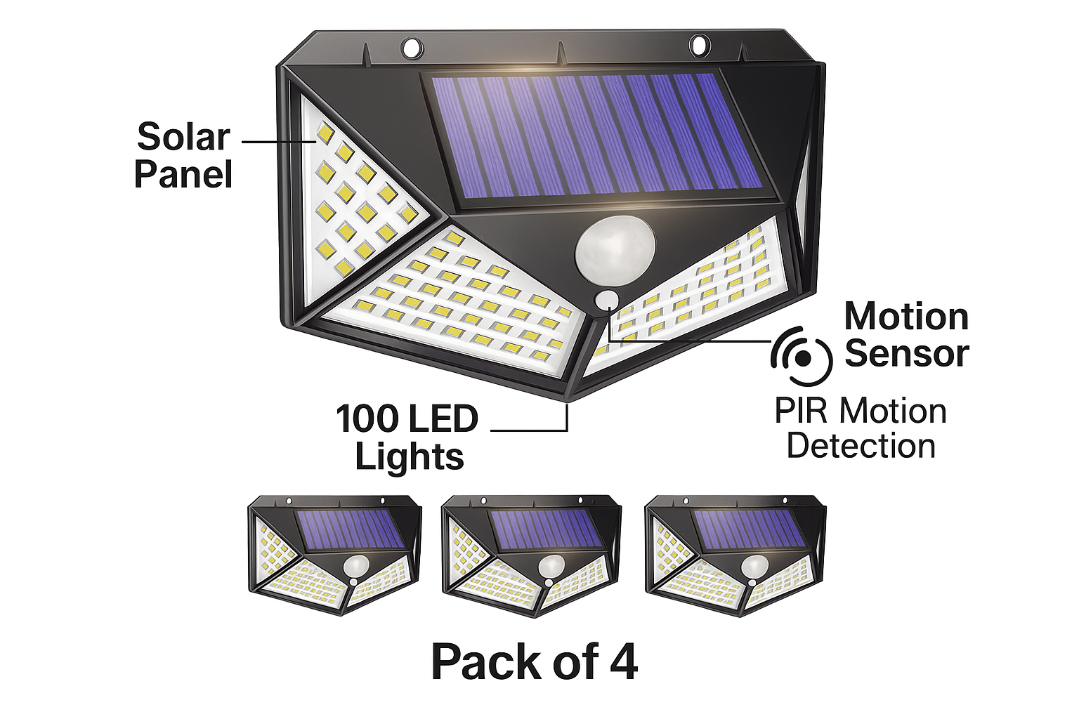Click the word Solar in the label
pos(183,137)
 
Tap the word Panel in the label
pos(183,174)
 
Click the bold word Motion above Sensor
pos(906,317)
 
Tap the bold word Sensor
pos(907,353)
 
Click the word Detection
pos(861,446)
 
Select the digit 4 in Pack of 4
pos(624,663)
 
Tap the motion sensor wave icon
pos(801,357)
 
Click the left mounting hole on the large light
pos(412,48)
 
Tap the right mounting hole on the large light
pos(699,45)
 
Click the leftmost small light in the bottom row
pos(335,555)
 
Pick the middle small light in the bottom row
pos(531,556)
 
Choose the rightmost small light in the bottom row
pos(735,556)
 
